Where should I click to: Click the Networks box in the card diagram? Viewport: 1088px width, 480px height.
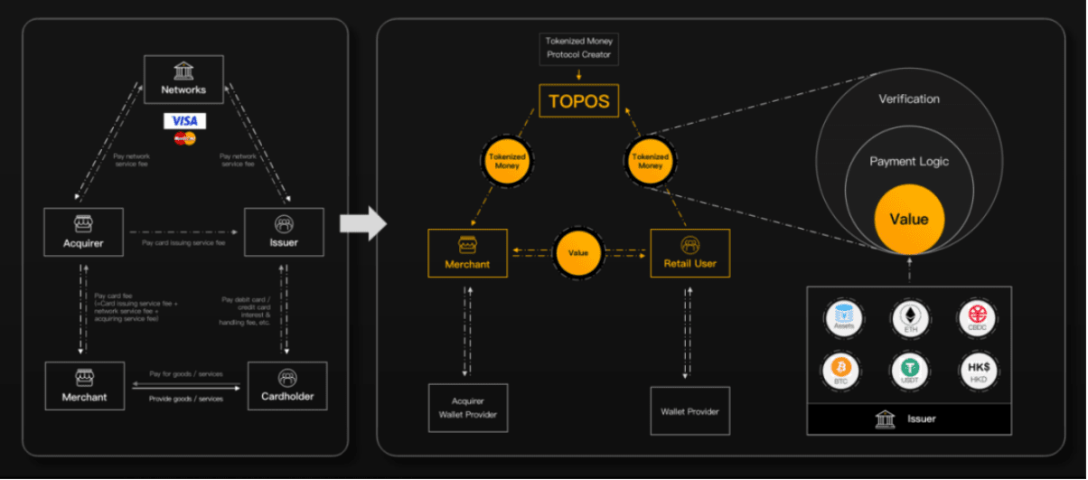(183, 80)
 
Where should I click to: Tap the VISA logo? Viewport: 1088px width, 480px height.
(184, 121)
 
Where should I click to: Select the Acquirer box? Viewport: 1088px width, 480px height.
(83, 232)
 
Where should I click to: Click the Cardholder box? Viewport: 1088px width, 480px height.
(286, 386)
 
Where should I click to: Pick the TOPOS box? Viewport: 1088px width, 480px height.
(579, 100)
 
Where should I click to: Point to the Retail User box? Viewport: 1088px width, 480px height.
(689, 253)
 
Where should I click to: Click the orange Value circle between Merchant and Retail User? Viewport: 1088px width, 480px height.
(578, 253)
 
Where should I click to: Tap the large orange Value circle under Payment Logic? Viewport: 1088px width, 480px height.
(908, 219)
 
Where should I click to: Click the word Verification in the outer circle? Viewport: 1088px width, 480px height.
(909, 99)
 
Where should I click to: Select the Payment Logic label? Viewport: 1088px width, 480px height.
(909, 162)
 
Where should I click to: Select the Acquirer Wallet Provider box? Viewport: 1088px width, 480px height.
(467, 408)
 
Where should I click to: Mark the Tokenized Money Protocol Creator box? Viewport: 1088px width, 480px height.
(578, 48)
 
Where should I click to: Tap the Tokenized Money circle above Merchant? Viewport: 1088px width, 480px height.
(507, 161)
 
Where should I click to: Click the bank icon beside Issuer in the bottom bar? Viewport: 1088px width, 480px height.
(885, 419)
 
